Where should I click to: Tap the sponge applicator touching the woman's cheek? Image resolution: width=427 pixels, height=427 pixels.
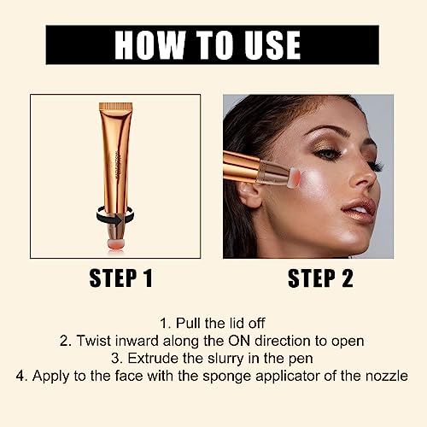pos(290,174)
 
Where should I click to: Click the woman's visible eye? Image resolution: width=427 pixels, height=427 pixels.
pos(330,155)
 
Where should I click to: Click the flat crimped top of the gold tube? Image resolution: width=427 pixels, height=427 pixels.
pos(126,108)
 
